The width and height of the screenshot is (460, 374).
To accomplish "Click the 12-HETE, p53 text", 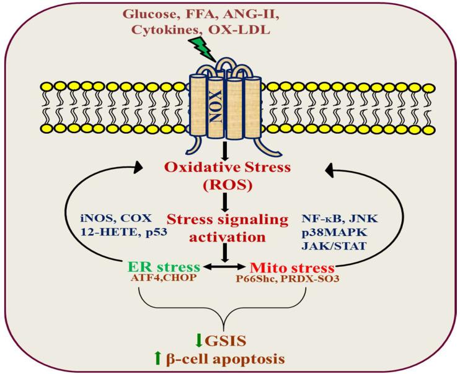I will [x=118, y=235].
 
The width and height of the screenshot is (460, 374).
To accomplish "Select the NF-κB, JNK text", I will [x=334, y=218].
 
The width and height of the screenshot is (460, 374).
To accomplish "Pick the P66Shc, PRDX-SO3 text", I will [x=290, y=280].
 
